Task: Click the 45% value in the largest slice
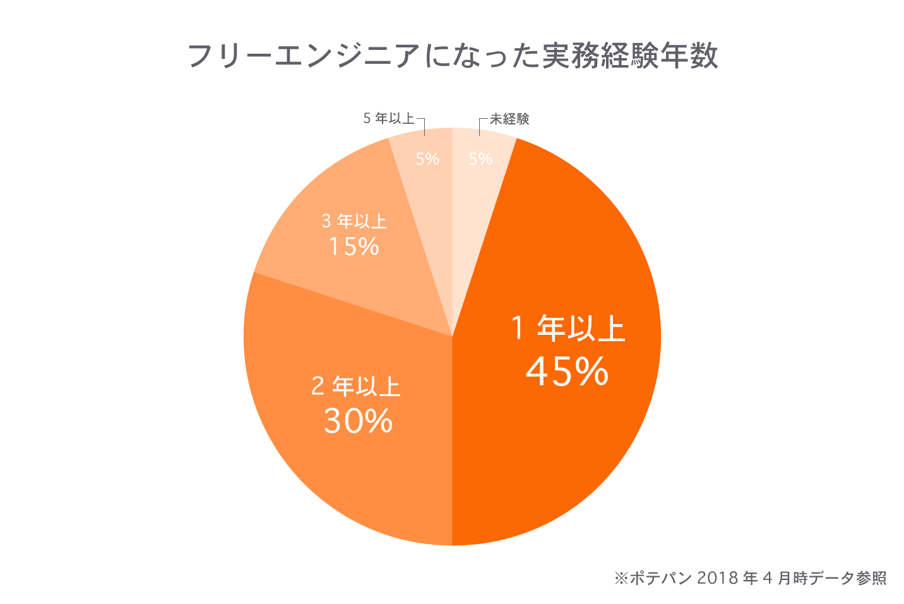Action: (x=567, y=371)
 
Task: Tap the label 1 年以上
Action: (x=568, y=329)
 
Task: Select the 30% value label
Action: (x=358, y=421)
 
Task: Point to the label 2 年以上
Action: (x=356, y=386)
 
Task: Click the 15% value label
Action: (x=354, y=246)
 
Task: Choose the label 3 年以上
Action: (x=354, y=221)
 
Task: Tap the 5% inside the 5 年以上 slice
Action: (x=427, y=159)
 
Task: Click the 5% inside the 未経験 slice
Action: (x=480, y=159)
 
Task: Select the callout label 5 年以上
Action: (x=388, y=118)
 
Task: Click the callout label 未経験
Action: (x=509, y=119)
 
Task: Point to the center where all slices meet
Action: (x=452, y=336)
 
